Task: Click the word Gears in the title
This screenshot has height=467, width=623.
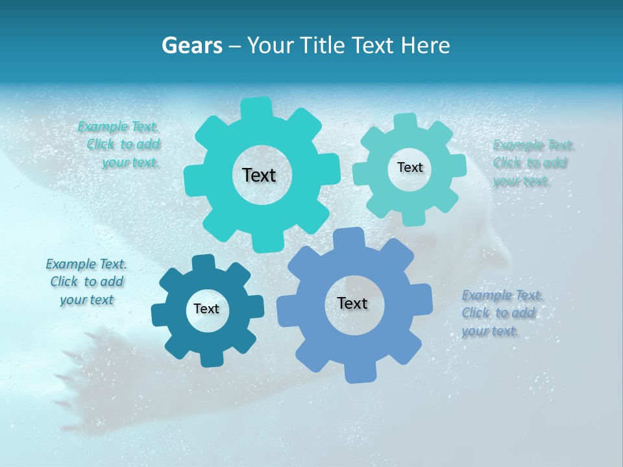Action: (x=191, y=45)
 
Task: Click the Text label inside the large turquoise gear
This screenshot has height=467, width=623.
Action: (x=259, y=175)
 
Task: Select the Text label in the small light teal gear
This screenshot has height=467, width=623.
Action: (x=409, y=167)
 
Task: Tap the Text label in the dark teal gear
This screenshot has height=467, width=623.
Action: (x=206, y=309)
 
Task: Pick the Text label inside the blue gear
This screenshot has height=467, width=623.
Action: (x=352, y=304)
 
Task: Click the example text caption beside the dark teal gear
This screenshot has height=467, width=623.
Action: (x=87, y=282)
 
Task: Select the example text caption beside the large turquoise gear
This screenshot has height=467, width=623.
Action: (x=121, y=145)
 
